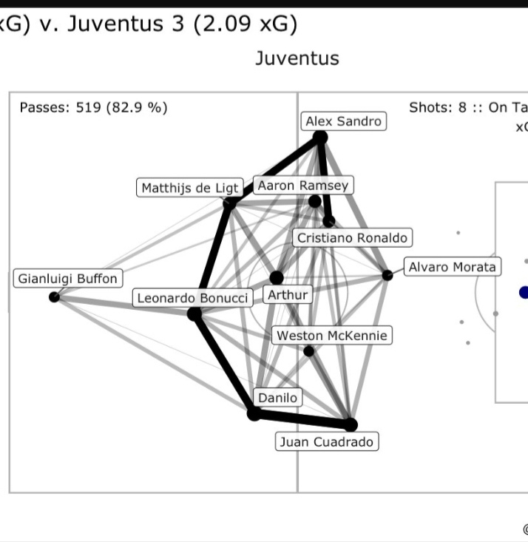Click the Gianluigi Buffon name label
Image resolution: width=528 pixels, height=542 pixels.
point(67,280)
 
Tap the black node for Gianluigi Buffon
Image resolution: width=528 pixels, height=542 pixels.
point(54,297)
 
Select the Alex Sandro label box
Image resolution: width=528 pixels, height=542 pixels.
point(344,121)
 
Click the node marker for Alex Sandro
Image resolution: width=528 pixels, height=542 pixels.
point(320,137)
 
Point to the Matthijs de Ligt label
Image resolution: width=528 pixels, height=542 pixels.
point(190,188)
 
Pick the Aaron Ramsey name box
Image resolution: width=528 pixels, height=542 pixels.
point(302,186)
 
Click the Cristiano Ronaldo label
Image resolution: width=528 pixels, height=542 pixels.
point(352,238)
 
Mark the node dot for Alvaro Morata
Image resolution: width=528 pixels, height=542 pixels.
point(387,275)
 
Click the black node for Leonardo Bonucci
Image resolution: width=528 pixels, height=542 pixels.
point(194,314)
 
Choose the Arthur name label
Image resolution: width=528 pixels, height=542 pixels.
point(288,295)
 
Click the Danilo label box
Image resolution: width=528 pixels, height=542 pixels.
point(277,398)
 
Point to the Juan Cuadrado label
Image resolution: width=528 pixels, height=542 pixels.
point(328,442)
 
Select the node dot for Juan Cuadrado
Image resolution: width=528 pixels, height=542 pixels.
point(351,424)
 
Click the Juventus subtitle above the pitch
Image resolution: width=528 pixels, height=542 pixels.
point(297,58)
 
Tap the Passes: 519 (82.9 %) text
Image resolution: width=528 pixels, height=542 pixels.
point(94,107)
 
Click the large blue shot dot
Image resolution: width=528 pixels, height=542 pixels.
point(524,293)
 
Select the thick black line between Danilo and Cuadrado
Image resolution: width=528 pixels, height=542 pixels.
point(302,419)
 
